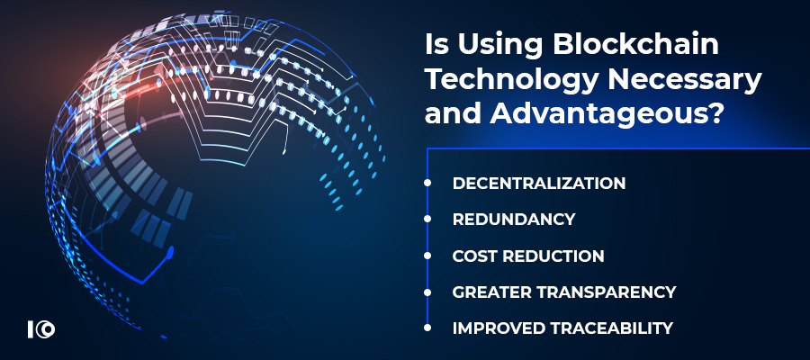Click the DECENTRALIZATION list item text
(539, 183)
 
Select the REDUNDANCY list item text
(514, 219)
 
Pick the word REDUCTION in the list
(554, 256)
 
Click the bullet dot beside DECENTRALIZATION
(427, 183)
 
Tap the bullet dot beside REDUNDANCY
(427, 219)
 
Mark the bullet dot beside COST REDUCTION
(427, 256)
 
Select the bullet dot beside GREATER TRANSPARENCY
(427, 292)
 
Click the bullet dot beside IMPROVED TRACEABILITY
(427, 328)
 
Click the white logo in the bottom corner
(41, 329)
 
